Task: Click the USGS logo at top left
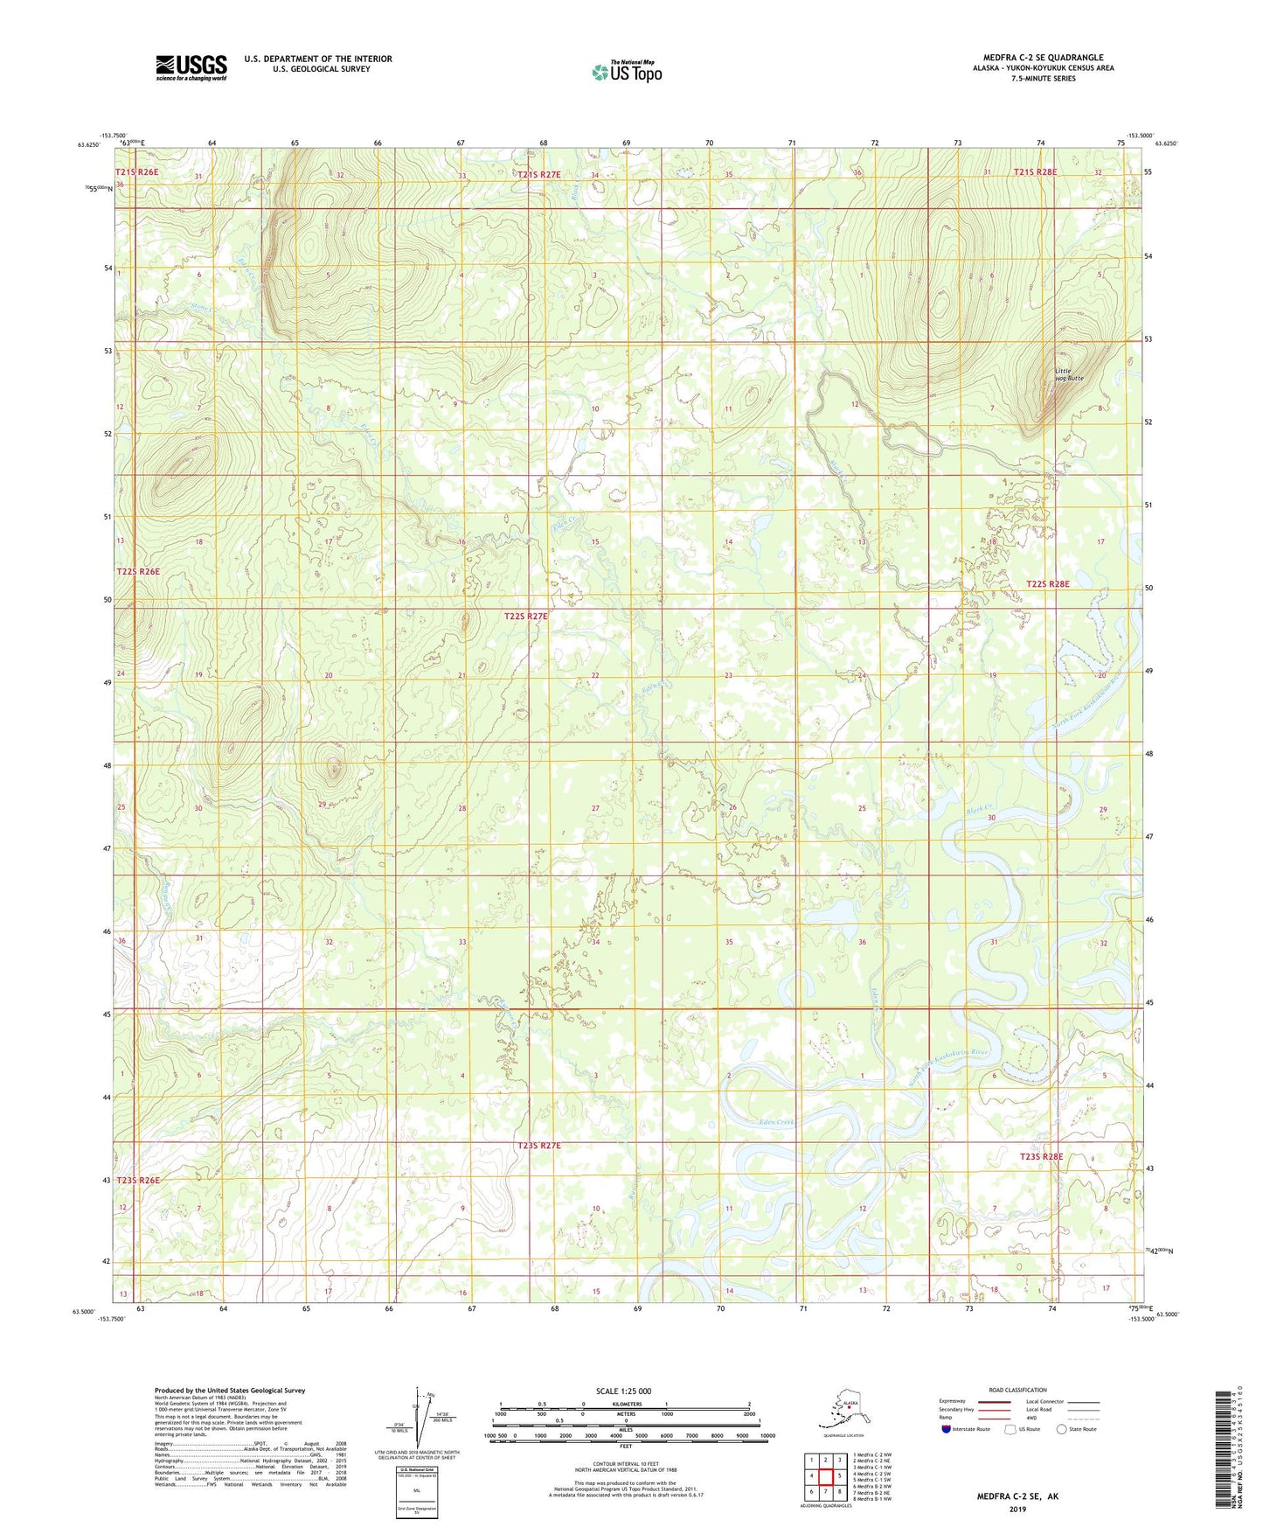[x=191, y=67]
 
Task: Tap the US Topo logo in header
[x=626, y=71]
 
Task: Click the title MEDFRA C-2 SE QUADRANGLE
[x=1043, y=58]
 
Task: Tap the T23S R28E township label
[x=1042, y=1156]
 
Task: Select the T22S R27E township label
[x=525, y=616]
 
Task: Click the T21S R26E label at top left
[x=137, y=172]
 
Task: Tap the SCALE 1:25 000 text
[x=624, y=1391]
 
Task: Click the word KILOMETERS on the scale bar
[x=624, y=1405]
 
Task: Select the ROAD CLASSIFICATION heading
[x=1017, y=1390]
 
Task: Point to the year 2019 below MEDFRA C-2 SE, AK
[x=1017, y=1509]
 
